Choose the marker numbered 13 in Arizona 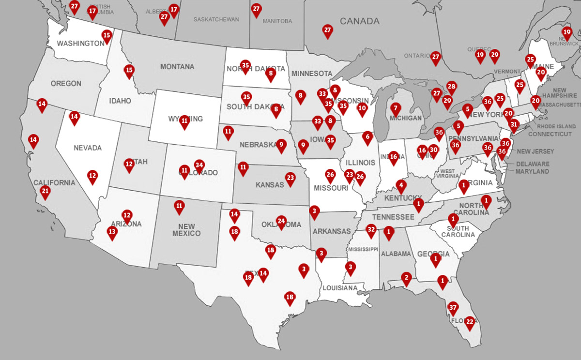coord(112,232)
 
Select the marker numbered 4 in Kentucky coord(400,185)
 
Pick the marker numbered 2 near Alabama coord(406,278)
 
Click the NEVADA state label coord(88,148)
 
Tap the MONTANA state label coord(177,67)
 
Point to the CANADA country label coord(359,21)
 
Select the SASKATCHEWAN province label coord(216,20)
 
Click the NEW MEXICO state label coord(186,230)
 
